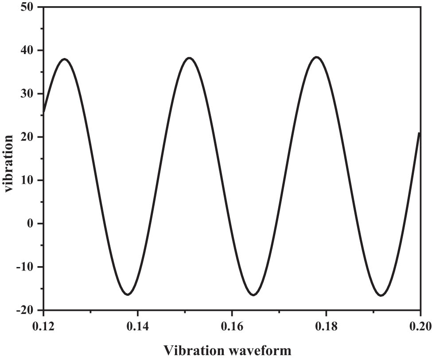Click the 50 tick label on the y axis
pos(29,8)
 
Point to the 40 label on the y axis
pos(29,50)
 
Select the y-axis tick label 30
pos(29,94)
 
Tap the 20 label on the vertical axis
pos(29,137)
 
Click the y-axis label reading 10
pos(29,180)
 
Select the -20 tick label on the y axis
pos(27,310)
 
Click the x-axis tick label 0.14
pos(138,327)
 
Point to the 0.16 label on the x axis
pos(232,327)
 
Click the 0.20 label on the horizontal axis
pos(418,327)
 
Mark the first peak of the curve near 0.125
pos(65,59)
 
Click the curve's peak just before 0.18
pos(316,57)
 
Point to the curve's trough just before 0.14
pos(127,294)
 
